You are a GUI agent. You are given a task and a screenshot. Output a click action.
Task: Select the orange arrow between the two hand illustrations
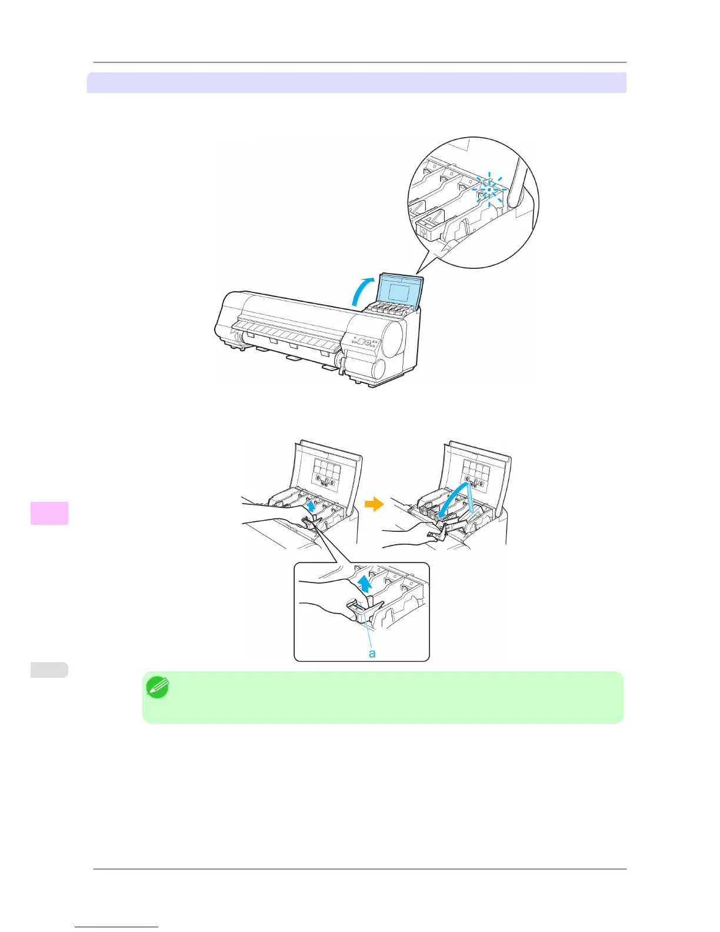click(x=374, y=504)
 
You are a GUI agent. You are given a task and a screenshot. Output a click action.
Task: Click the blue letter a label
click(x=372, y=653)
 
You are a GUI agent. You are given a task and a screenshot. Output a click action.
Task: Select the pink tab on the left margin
click(x=49, y=512)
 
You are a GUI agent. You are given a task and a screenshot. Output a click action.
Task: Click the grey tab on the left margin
click(x=49, y=670)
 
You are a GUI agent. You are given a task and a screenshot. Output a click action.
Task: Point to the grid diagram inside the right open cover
click(x=475, y=475)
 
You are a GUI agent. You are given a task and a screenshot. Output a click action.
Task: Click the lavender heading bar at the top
click(x=356, y=82)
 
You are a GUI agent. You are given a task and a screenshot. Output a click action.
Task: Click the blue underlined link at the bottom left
click(x=116, y=927)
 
